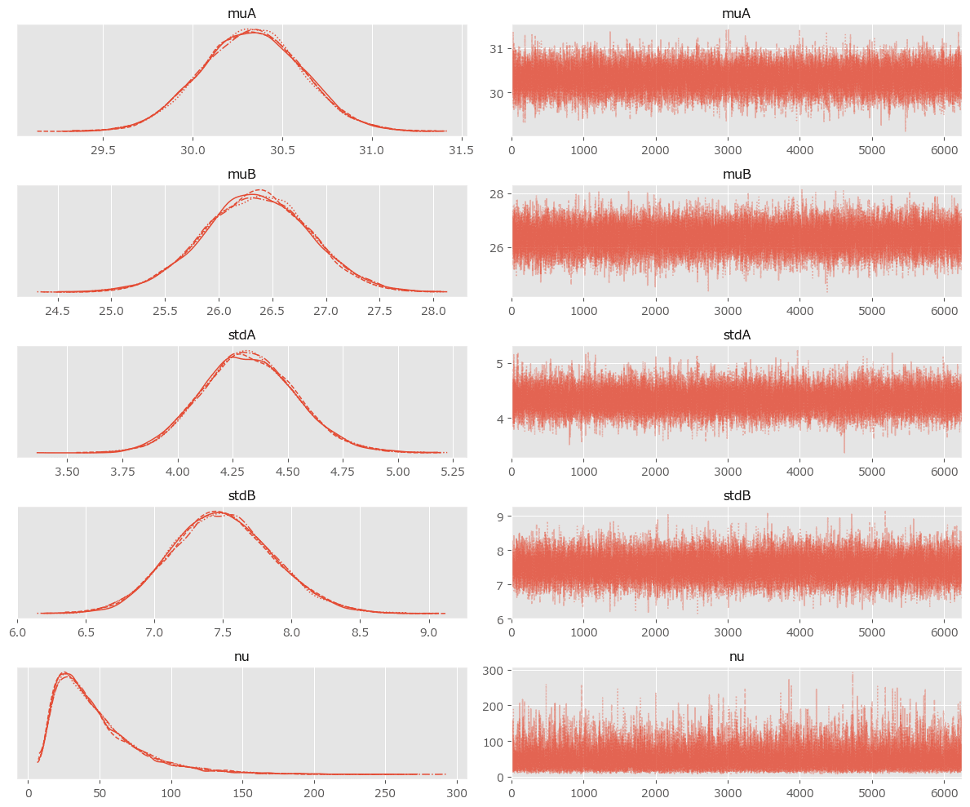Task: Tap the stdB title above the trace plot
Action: pyautogui.click(x=736, y=496)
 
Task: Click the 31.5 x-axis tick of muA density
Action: pyautogui.click(x=462, y=150)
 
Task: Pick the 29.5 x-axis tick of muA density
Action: pyautogui.click(x=103, y=150)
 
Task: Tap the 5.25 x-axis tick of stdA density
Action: pyautogui.click(x=453, y=472)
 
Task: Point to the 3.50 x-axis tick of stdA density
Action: pyautogui.click(x=67, y=472)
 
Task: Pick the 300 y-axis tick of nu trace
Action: pyautogui.click(x=493, y=670)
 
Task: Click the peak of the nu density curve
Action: pyautogui.click(x=64, y=673)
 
